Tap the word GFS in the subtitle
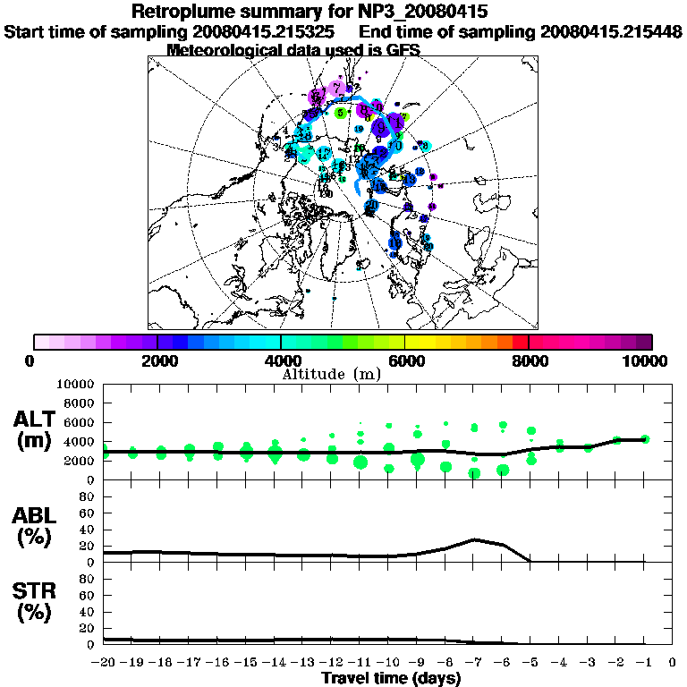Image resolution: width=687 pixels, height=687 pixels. click(402, 50)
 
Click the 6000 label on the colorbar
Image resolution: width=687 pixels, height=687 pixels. click(404, 360)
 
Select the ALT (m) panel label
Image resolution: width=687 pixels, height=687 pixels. click(37, 429)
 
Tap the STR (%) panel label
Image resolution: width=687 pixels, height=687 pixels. click(37, 602)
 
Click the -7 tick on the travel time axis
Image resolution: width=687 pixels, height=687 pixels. click(474, 663)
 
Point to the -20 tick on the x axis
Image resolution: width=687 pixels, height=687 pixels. click(104, 663)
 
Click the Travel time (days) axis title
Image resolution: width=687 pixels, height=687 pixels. click(391, 679)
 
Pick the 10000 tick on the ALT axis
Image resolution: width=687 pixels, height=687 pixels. click(76, 384)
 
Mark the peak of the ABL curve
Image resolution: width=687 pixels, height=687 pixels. click(475, 539)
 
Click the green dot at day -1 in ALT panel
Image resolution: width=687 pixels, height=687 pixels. click(646, 438)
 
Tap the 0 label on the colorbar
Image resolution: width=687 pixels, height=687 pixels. click(30, 360)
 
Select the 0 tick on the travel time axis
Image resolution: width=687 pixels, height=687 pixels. click(673, 663)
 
